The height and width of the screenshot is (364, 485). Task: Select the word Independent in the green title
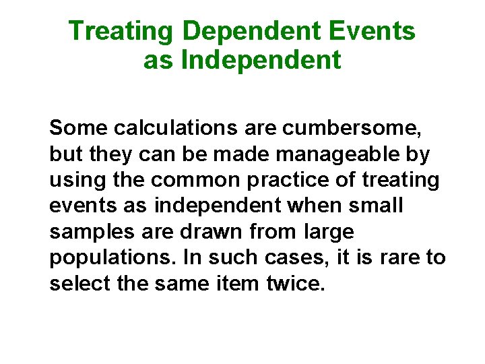261,61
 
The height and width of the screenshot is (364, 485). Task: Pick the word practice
292,181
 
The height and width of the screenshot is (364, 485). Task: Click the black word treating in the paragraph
401,181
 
